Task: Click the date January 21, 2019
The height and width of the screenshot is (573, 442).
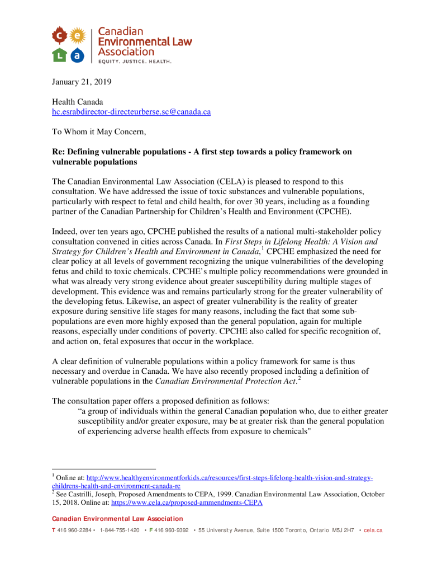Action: [x=82, y=82]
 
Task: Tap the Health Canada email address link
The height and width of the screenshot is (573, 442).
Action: [x=131, y=111]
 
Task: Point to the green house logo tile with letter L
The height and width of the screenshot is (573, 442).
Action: [x=59, y=55]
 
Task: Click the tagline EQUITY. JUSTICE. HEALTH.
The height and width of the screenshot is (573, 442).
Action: [x=135, y=61]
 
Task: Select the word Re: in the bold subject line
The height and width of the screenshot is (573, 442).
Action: [x=59, y=152]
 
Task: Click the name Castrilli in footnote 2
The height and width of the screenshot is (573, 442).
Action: [x=82, y=495]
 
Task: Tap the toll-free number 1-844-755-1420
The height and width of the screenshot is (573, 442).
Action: [x=119, y=530]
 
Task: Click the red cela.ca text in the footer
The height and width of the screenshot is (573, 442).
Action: [x=373, y=530]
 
